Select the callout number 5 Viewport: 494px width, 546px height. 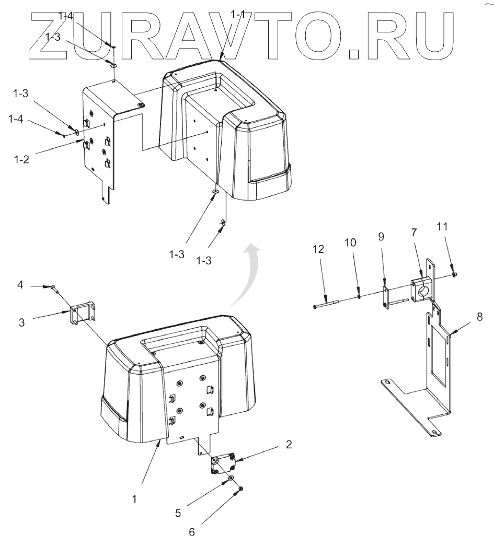click(x=178, y=513)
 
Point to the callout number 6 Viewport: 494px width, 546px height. click(x=191, y=533)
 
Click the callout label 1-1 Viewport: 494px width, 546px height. click(x=238, y=15)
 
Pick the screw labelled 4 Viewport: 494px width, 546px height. click(x=53, y=286)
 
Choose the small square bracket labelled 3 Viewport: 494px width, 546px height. click(x=82, y=314)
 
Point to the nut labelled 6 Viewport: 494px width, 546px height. click(x=240, y=489)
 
